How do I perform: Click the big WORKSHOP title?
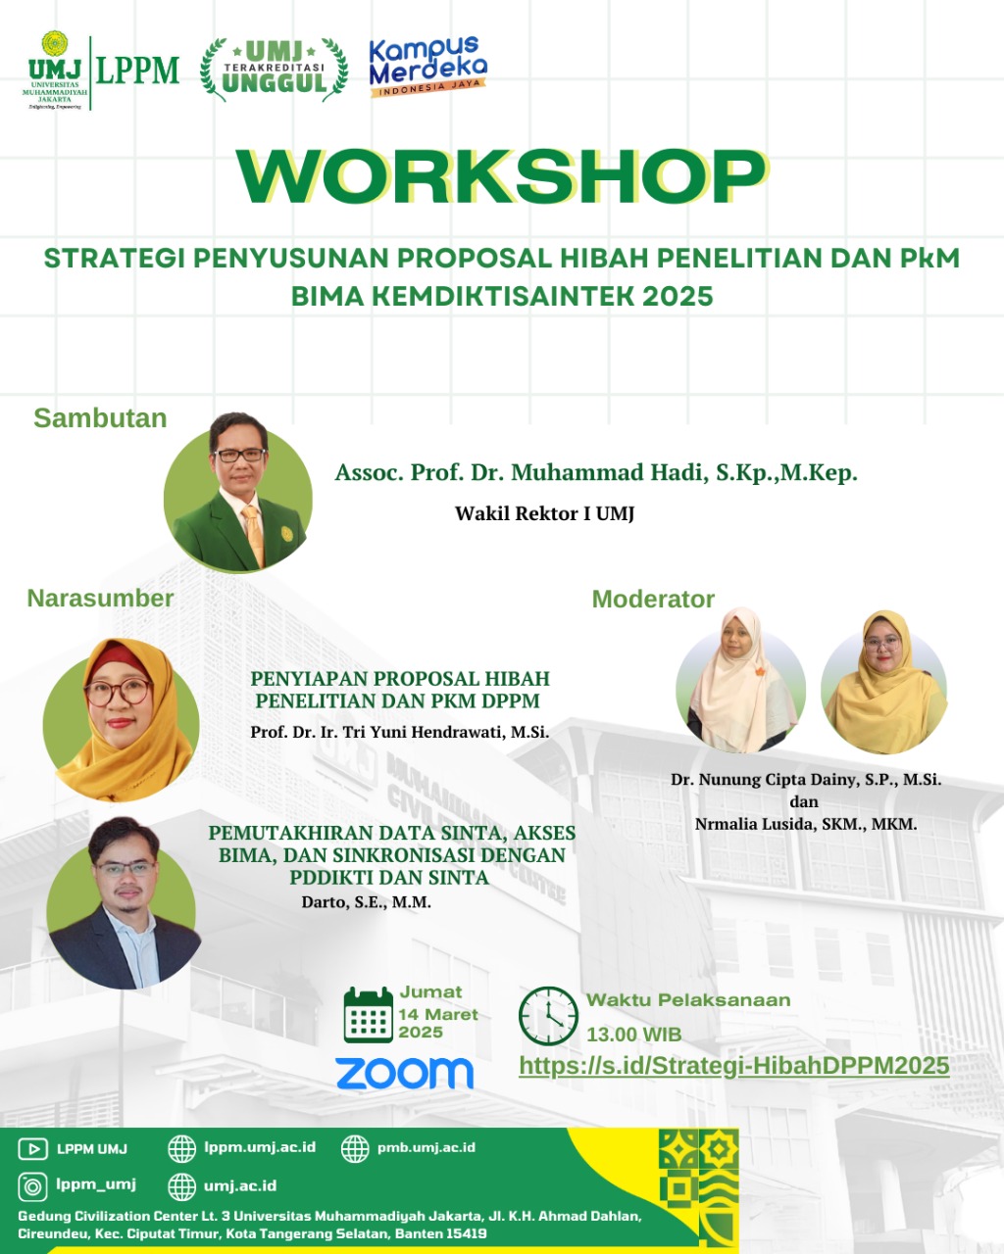tap(502, 176)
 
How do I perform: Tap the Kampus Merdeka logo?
tap(428, 67)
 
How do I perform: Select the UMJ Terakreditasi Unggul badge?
tap(274, 70)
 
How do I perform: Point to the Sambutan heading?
tap(100, 417)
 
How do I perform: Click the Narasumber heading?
tap(100, 599)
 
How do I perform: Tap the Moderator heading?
tap(653, 599)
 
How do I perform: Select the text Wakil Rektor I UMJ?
tap(544, 513)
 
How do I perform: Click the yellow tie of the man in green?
tap(254, 533)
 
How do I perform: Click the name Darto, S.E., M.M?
tap(367, 902)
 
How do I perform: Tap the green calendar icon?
tap(368, 1015)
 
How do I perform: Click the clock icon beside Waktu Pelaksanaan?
tap(548, 1016)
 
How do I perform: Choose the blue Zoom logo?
tap(404, 1073)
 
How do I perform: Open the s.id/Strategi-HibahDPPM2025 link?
tap(734, 1066)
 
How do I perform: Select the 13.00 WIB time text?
tap(633, 1035)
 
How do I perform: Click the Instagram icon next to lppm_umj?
tap(32, 1187)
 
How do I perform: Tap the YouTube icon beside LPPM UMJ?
tap(32, 1148)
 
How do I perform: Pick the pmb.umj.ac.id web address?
tap(426, 1147)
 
